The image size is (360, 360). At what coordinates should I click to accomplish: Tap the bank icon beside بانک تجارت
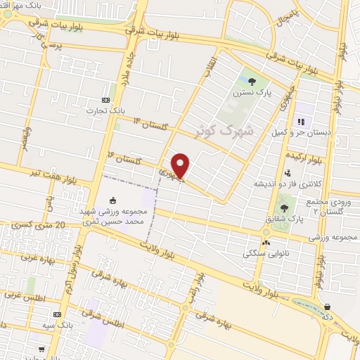tap(105, 99)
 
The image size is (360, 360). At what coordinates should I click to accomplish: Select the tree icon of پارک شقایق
tap(284, 207)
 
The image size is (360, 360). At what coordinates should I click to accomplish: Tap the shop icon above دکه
tap(328, 307)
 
